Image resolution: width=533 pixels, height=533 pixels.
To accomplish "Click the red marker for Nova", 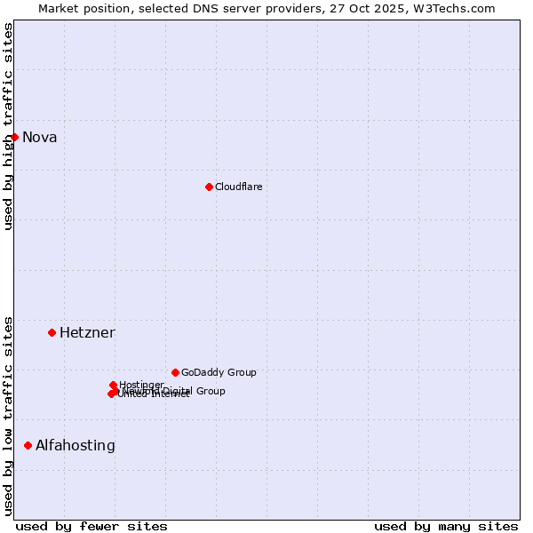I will point(14,137).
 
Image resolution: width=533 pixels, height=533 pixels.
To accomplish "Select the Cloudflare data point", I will point(209,187).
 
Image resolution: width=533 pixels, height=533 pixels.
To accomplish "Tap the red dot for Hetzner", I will point(52,332).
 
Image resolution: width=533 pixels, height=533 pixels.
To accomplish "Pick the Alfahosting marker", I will point(28,445).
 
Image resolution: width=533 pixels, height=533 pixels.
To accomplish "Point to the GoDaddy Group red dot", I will point(175,372).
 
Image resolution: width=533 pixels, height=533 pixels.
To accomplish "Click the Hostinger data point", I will point(113,385).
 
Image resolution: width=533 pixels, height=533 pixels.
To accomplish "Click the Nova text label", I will point(40,137).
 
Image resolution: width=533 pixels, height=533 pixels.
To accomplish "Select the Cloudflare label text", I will point(238,187).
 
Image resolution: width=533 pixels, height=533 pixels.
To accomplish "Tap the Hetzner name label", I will point(87,333).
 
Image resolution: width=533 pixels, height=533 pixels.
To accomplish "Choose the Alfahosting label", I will point(76,446).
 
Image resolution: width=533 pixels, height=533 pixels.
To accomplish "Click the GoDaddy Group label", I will point(219,372).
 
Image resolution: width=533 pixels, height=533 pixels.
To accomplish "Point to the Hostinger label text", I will point(141,385).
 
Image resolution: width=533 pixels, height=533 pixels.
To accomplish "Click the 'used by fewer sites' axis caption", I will point(91,526).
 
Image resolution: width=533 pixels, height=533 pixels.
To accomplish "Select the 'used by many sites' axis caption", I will point(446,526).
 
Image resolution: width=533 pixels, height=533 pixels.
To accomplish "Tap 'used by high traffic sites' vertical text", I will point(9,126).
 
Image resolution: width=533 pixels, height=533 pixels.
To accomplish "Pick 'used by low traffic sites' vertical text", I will point(9,416).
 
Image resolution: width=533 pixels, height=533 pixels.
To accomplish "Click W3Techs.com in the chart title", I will point(458,8).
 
